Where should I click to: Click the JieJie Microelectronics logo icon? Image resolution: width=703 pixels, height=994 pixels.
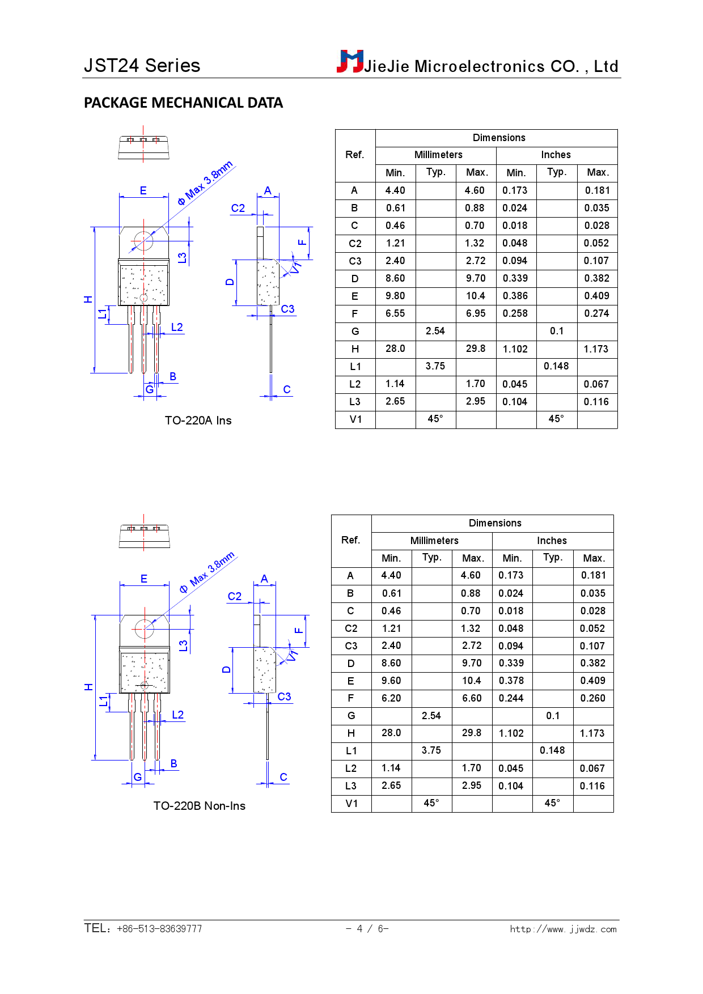click(x=350, y=61)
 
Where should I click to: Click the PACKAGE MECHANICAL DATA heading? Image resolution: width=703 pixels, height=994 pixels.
click(x=183, y=103)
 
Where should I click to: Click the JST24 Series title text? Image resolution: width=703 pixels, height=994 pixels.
click(x=142, y=66)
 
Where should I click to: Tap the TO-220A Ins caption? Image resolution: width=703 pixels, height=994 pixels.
click(x=198, y=420)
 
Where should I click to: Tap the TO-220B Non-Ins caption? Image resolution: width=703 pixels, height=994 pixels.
click(x=199, y=806)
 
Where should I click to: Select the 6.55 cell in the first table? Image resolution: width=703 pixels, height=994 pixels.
click(x=395, y=313)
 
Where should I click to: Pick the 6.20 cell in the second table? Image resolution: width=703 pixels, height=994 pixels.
click(x=391, y=698)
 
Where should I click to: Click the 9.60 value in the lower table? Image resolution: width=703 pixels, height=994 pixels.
click(x=391, y=681)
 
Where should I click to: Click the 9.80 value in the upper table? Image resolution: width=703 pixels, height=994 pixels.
click(x=395, y=296)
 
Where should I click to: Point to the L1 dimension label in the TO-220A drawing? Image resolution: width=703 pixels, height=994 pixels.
click(x=103, y=313)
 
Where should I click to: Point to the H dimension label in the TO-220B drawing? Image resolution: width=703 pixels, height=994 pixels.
click(x=89, y=687)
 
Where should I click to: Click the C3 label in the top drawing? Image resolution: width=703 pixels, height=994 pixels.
click(x=287, y=309)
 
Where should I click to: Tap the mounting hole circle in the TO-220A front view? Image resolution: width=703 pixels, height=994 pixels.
click(x=143, y=241)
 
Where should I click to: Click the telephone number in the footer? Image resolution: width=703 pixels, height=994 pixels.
click(x=159, y=929)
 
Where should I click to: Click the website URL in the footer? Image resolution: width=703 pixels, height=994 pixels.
click(x=562, y=929)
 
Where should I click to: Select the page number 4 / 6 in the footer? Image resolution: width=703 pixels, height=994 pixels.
click(x=367, y=928)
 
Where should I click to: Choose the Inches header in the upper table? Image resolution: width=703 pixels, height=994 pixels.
click(x=556, y=155)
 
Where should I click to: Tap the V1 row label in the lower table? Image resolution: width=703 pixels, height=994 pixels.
click(x=351, y=804)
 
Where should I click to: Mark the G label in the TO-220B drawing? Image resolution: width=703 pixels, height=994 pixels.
click(x=138, y=777)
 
